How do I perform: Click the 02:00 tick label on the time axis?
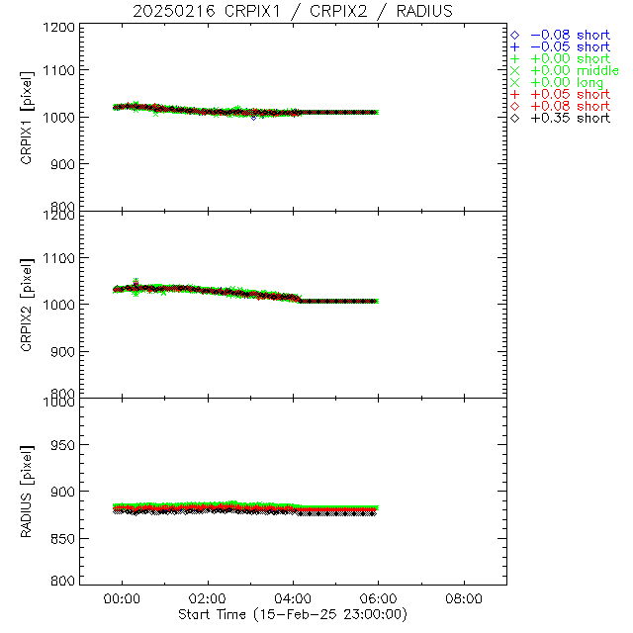[208, 598]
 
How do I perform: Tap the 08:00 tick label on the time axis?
[464, 598]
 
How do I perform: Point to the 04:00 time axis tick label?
[293, 598]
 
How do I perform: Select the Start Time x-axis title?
[293, 614]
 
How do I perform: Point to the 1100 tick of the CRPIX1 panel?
[59, 70]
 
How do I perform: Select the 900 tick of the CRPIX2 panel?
[63, 351]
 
